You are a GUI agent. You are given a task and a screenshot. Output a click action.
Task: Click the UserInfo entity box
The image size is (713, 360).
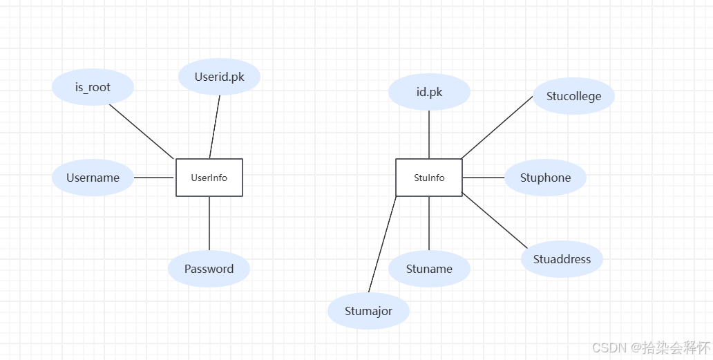click(209, 178)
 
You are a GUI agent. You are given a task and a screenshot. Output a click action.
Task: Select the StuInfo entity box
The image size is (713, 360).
click(429, 178)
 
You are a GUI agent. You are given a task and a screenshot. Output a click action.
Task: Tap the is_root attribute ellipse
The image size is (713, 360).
click(93, 88)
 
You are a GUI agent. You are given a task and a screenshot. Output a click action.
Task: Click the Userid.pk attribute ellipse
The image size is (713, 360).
click(219, 77)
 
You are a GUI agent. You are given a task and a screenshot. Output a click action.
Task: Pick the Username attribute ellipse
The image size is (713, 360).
click(93, 178)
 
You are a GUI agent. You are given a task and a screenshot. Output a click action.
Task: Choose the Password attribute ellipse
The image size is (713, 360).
click(209, 269)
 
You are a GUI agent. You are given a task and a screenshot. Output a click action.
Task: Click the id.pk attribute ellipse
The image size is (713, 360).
click(429, 92)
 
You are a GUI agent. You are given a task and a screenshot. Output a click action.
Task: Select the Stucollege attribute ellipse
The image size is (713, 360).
click(573, 96)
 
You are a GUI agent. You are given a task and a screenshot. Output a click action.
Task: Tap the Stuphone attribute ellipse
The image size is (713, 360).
click(545, 178)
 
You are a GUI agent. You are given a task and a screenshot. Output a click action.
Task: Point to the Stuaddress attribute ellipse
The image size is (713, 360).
click(562, 259)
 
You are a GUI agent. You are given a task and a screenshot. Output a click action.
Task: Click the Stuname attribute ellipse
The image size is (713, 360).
click(429, 269)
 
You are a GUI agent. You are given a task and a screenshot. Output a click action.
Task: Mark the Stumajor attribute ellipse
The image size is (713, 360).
click(368, 311)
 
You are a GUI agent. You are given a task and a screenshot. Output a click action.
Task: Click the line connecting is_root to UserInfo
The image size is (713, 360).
click(142, 131)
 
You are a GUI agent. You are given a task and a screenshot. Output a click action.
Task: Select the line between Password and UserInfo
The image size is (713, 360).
click(209, 223)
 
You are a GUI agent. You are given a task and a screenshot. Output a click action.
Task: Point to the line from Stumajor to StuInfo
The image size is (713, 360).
click(382, 245)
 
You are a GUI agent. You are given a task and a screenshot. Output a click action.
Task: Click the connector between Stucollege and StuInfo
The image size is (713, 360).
click(497, 128)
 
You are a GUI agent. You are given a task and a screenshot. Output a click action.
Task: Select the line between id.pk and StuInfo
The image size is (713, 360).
click(429, 134)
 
